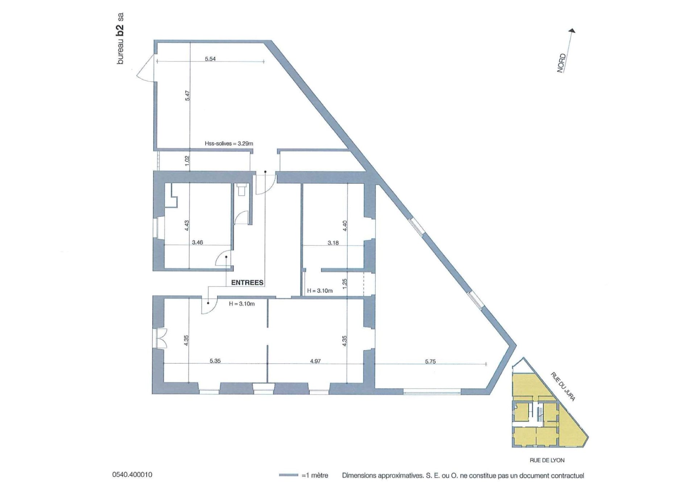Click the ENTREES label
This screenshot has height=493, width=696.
(247, 282)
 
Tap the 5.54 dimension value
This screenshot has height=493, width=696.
(210, 59)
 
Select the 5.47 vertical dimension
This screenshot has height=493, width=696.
(187, 95)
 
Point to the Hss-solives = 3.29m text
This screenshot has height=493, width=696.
(229, 143)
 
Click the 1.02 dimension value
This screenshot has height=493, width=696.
(187, 161)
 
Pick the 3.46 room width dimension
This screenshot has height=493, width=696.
(197, 243)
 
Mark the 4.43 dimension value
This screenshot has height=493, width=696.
(187, 225)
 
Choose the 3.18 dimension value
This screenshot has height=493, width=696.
(333, 243)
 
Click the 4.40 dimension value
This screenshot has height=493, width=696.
(345, 226)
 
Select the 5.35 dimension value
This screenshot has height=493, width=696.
(215, 361)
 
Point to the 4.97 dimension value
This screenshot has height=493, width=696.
(315, 361)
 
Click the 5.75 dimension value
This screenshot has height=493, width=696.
(430, 362)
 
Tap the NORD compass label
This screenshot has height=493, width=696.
(561, 63)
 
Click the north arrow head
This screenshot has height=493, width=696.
(572, 30)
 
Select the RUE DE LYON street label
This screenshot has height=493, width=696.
(547, 460)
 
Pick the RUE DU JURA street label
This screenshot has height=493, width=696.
(563, 386)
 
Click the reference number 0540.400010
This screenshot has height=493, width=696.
(132, 474)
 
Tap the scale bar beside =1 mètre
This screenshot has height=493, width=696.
(289, 475)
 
